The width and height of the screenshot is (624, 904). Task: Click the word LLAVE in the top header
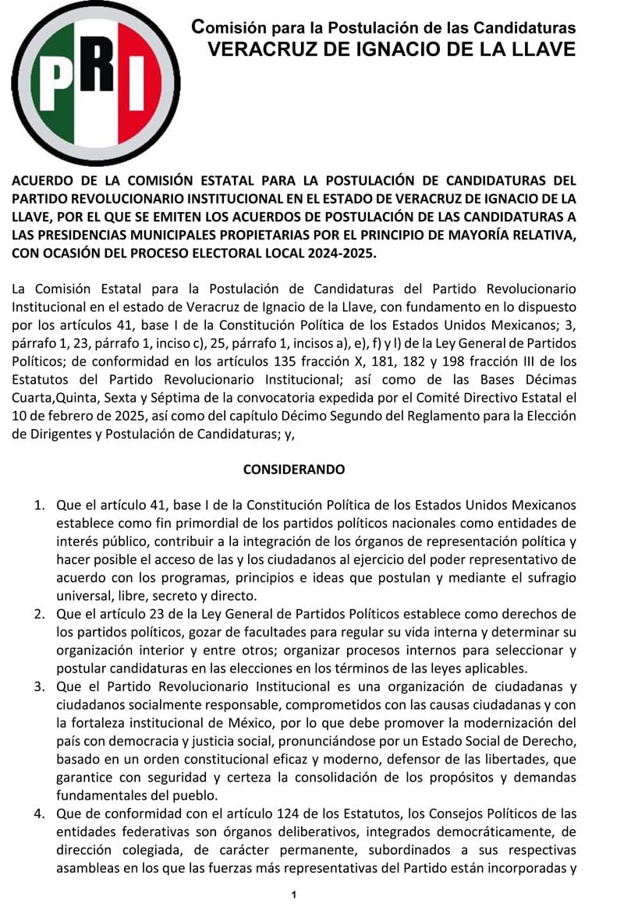(541, 50)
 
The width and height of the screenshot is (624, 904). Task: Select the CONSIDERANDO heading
(294, 470)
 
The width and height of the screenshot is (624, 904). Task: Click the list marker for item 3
(39, 686)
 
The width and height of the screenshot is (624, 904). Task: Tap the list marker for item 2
(39, 614)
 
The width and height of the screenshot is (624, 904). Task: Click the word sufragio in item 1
(549, 578)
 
